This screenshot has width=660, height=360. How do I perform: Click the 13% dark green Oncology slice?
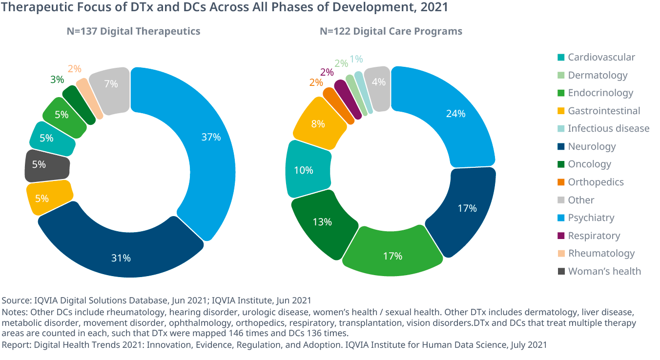coord(322,222)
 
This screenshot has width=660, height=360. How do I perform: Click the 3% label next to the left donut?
coord(57,80)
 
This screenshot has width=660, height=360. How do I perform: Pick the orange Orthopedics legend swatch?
coord(561,182)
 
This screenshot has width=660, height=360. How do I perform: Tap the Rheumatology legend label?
coord(601,253)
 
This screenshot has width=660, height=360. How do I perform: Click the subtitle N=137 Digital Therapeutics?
coord(133,31)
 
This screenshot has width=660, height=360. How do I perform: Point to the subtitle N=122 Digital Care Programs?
coord(391,31)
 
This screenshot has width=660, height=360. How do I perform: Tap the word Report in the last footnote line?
coord(15,344)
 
